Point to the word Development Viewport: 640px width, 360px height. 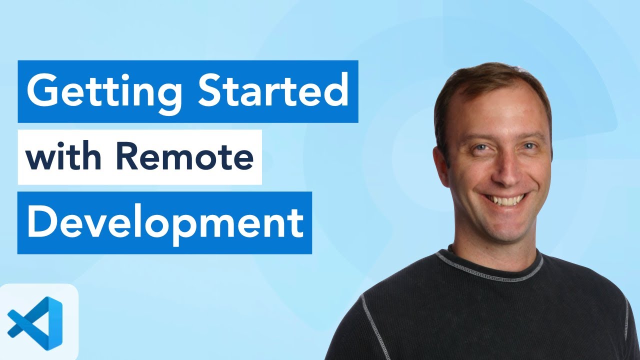165,223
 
